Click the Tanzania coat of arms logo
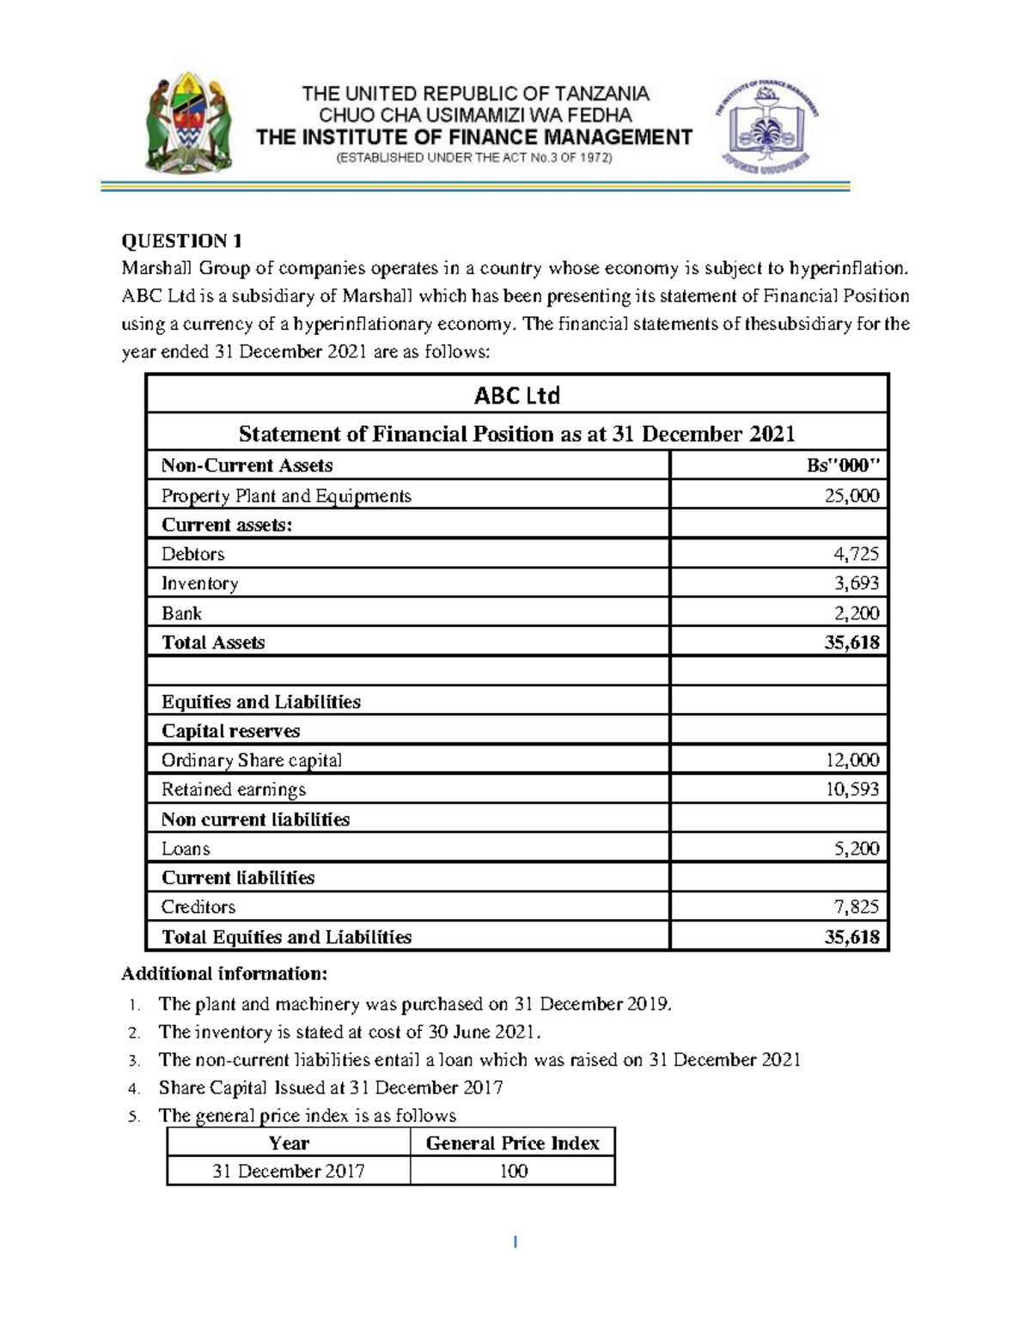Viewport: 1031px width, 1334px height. [x=187, y=121]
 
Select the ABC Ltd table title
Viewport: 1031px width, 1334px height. [x=517, y=395]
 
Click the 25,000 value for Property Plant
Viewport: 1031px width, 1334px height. [x=851, y=496]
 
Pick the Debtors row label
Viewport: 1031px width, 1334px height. [x=193, y=554]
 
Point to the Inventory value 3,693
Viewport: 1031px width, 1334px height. [x=857, y=583]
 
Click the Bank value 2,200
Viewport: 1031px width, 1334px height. [x=857, y=613]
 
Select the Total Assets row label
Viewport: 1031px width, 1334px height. [x=213, y=643]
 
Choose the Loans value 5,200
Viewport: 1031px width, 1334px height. [x=857, y=849]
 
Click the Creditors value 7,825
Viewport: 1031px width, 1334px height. [x=857, y=907]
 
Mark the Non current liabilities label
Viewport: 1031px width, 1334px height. [x=255, y=819]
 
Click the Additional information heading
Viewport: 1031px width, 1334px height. [x=224, y=974]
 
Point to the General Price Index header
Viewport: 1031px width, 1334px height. [x=512, y=1143]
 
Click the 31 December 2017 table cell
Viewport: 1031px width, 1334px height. [x=289, y=1172]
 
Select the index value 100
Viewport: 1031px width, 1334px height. [x=513, y=1172]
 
